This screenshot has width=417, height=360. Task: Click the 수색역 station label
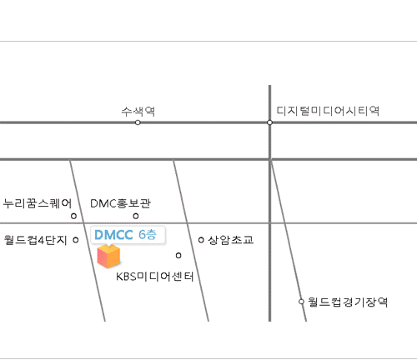click(x=138, y=112)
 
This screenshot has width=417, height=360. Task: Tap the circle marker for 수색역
click(x=138, y=122)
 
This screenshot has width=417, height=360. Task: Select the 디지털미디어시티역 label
click(x=328, y=111)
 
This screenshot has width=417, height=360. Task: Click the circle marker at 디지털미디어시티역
click(x=269, y=122)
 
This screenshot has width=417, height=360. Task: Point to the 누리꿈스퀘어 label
click(x=38, y=203)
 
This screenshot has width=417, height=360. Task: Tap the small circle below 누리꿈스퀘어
click(x=73, y=216)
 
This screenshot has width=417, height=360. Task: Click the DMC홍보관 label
click(x=121, y=203)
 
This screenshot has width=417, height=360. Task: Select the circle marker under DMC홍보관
click(x=136, y=216)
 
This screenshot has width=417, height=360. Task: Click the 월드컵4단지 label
click(x=36, y=240)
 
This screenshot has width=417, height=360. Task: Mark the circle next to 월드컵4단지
click(x=76, y=240)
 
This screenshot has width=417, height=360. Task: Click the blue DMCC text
click(x=113, y=235)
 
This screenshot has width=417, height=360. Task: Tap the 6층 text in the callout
click(x=148, y=235)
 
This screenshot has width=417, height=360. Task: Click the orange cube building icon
click(x=108, y=257)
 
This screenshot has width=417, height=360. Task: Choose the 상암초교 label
click(x=231, y=240)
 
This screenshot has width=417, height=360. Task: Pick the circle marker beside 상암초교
click(x=201, y=240)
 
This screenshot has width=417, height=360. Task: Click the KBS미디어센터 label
click(x=155, y=277)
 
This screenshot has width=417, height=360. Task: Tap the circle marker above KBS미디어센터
click(x=178, y=255)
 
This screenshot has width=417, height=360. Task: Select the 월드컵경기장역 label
click(x=348, y=302)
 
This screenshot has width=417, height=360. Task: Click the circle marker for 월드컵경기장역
click(x=301, y=302)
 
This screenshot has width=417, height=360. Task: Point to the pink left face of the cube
click(x=103, y=257)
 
